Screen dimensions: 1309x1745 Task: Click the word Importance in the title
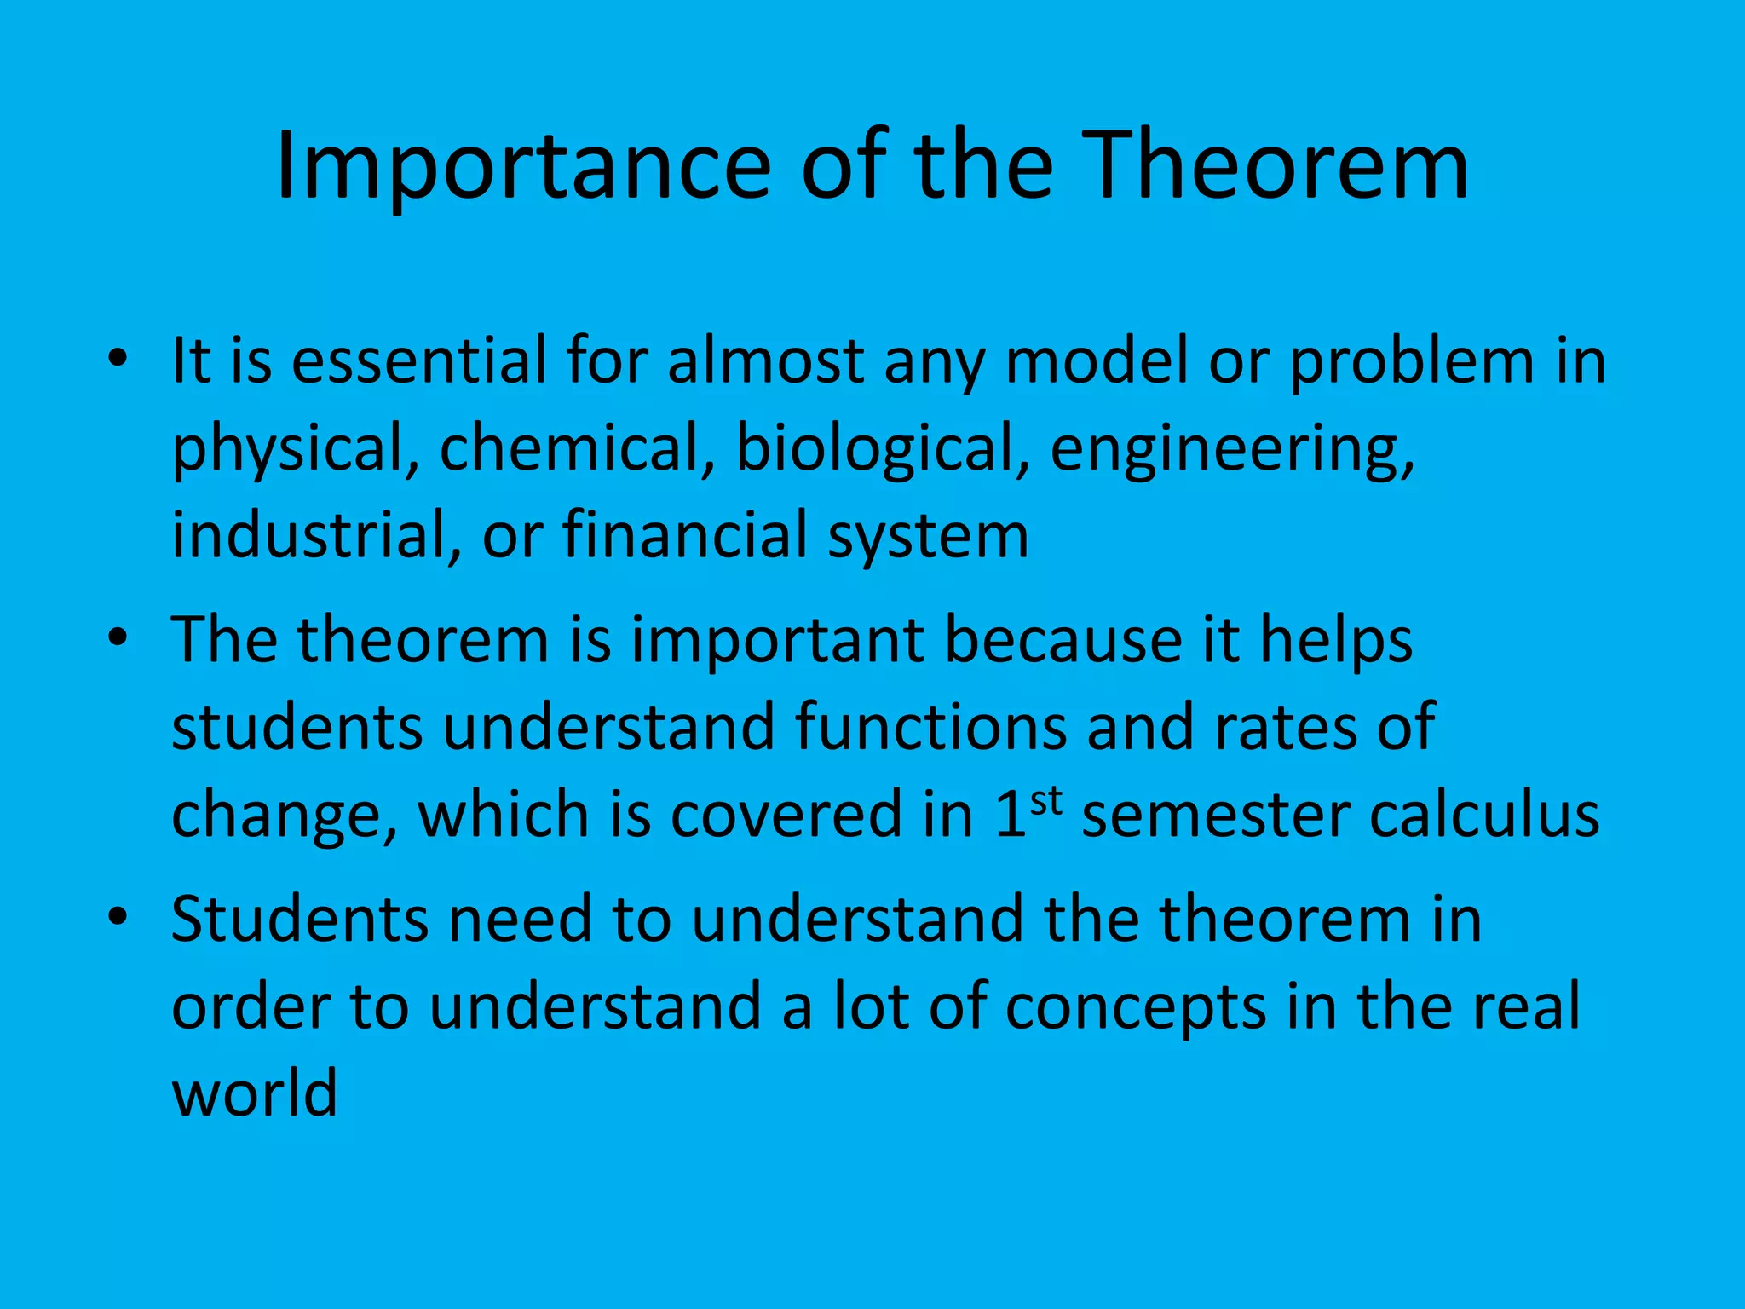tap(523, 168)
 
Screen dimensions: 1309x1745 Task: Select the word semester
tap(1215, 815)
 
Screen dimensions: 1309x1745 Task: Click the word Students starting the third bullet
tap(299, 920)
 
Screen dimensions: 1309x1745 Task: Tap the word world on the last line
tap(255, 1094)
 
